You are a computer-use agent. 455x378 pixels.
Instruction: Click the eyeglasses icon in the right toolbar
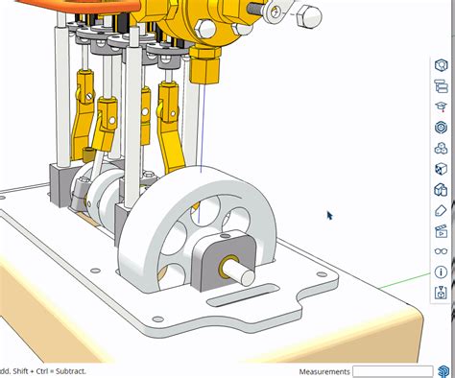[442, 251]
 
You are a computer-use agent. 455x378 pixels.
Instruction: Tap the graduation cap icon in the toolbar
[442, 106]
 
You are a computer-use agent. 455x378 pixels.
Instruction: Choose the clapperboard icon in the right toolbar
[442, 231]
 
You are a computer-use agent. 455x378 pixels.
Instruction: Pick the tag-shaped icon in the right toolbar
[442, 210]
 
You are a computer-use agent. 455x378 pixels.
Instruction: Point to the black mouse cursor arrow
[329, 215]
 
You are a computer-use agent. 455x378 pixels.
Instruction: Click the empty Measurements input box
[392, 371]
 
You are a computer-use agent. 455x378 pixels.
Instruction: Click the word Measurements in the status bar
[324, 371]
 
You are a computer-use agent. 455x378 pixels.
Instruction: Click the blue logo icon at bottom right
[444, 370]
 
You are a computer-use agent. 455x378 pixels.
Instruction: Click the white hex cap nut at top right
[312, 16]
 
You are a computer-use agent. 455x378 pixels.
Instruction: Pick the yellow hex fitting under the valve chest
[204, 69]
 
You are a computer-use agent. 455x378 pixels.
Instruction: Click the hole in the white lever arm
[276, 12]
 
